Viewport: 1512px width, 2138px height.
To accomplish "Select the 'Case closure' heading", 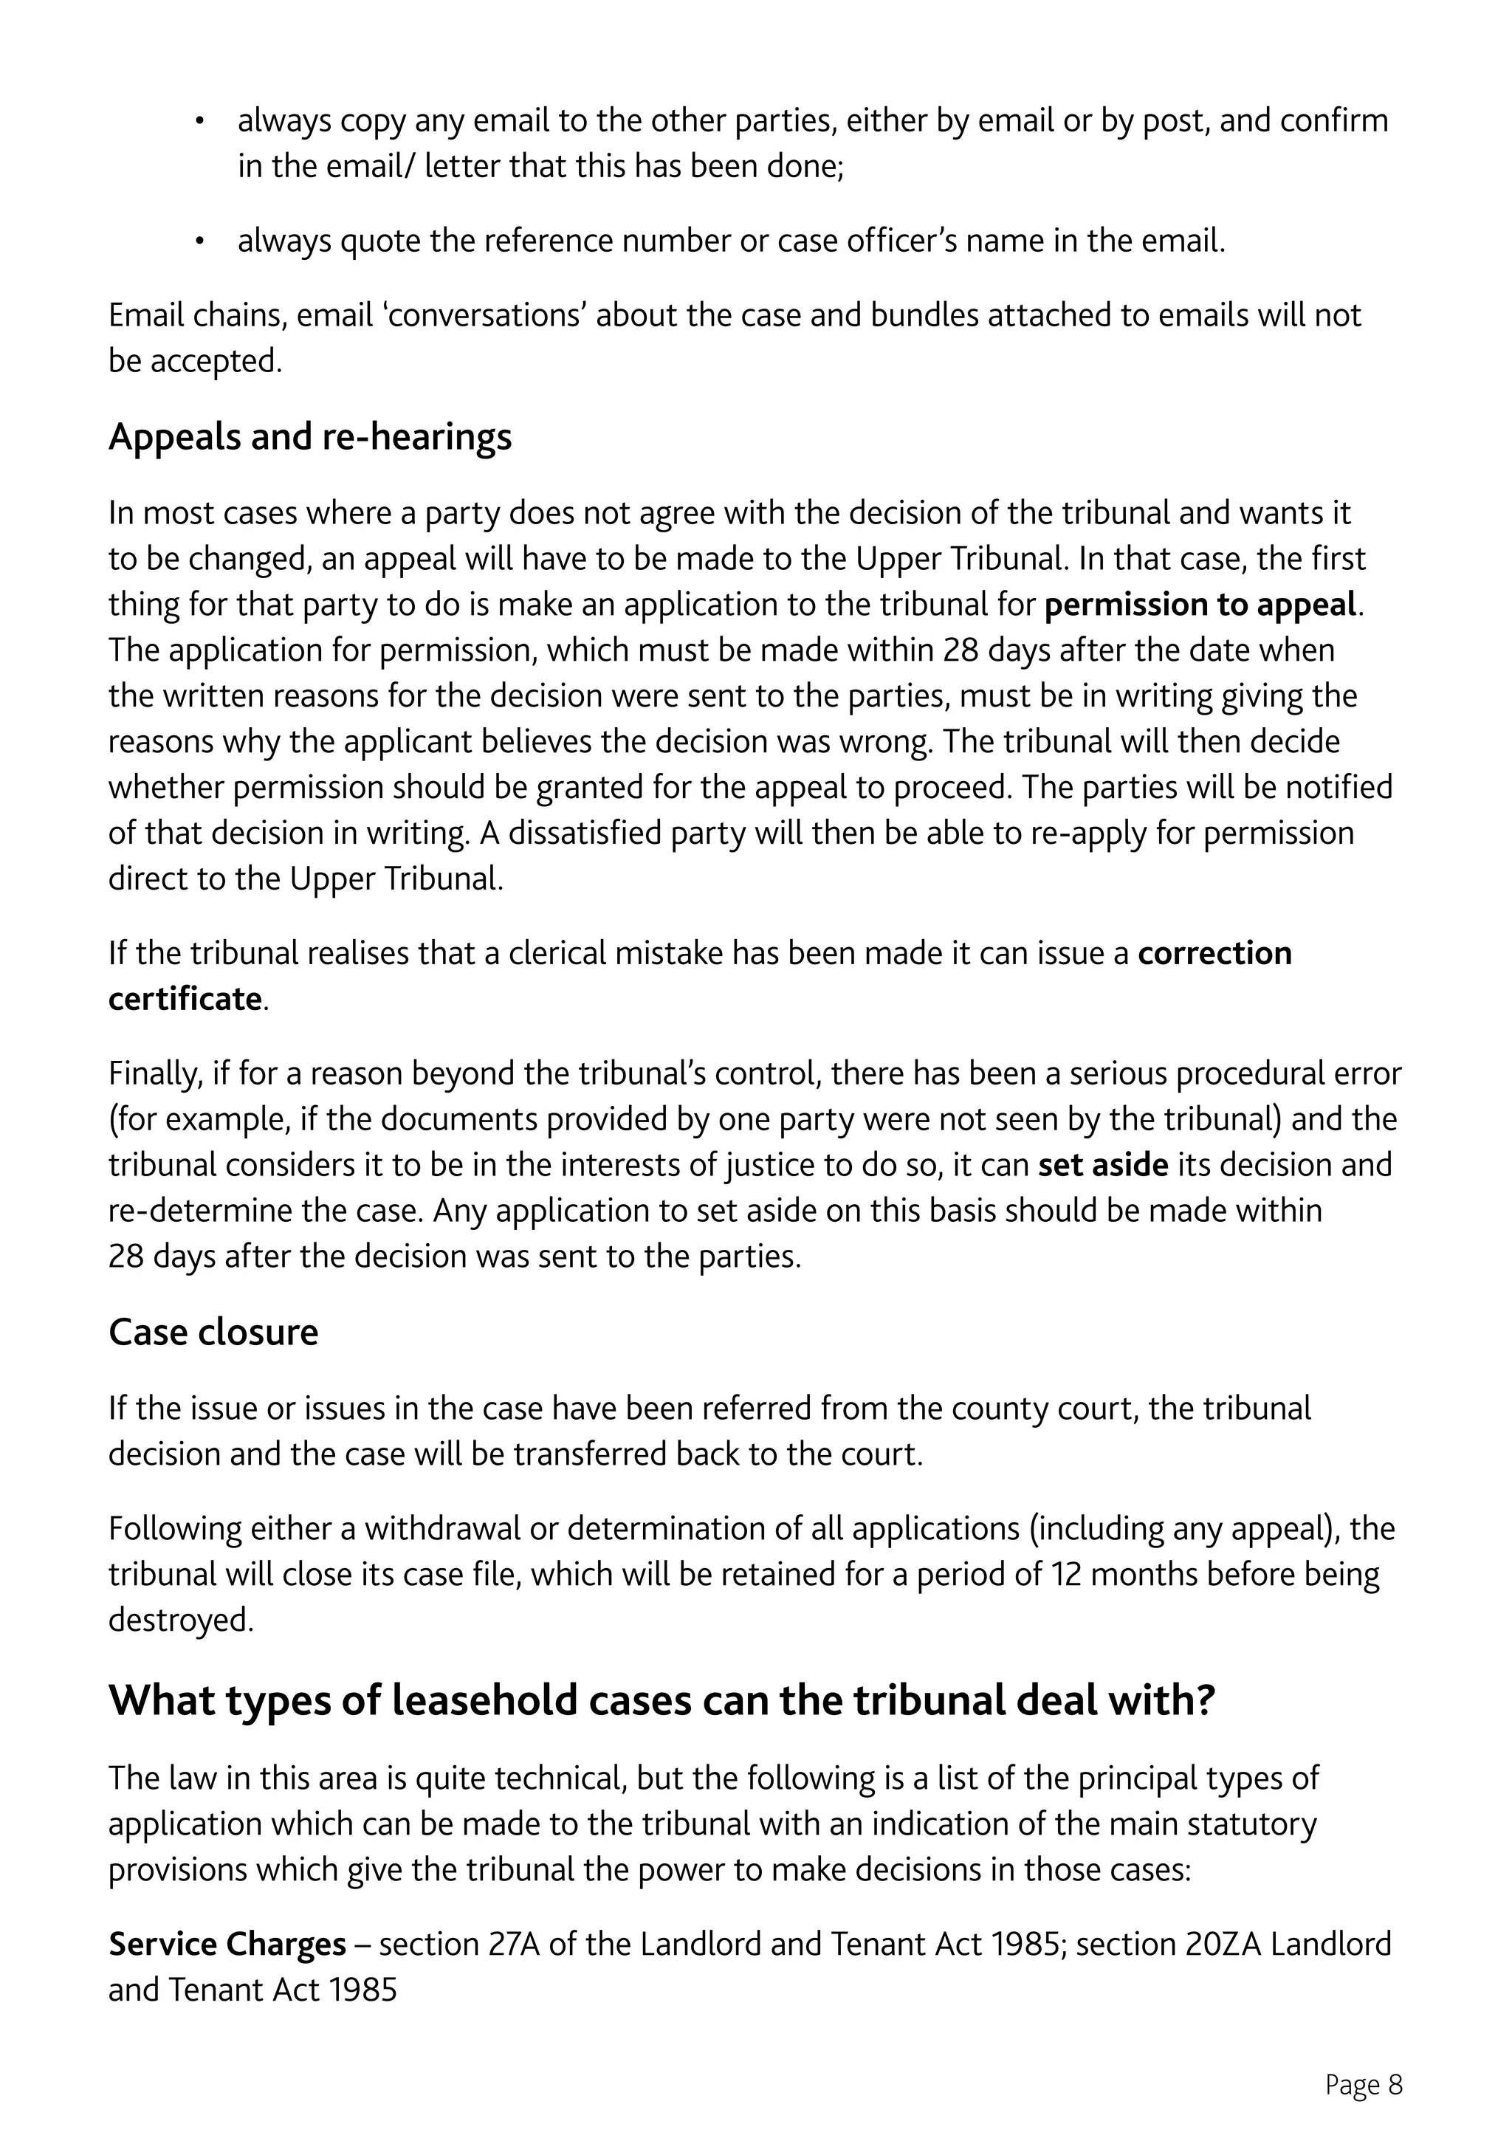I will (213, 1333).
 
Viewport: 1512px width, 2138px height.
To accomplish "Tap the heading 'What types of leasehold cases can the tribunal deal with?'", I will (662, 1700).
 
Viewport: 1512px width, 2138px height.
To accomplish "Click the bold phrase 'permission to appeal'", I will (1200, 605).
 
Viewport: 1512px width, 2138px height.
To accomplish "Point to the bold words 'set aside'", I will (1102, 1165).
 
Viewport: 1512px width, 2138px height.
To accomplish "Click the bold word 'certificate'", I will (185, 999).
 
